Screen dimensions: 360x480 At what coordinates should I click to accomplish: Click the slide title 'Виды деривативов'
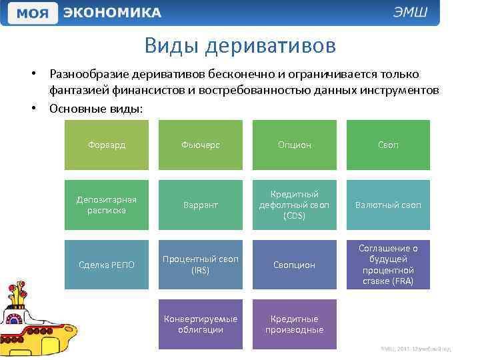click(x=240, y=46)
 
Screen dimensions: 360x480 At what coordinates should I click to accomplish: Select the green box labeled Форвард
click(x=107, y=145)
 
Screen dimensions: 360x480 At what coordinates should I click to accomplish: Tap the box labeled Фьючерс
click(x=201, y=145)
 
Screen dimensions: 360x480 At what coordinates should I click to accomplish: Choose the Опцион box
click(x=294, y=145)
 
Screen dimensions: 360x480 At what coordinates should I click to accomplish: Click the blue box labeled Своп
click(x=388, y=145)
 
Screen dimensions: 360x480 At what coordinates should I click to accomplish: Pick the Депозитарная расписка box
click(x=107, y=205)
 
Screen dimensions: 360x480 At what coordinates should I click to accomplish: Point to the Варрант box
click(x=201, y=205)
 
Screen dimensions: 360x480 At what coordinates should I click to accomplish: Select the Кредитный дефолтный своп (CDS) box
click(x=294, y=205)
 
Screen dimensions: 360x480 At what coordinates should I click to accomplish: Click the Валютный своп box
click(x=388, y=205)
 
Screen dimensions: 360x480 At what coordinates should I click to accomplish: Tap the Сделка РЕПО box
click(x=107, y=265)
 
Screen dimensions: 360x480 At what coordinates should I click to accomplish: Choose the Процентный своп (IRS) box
click(x=201, y=265)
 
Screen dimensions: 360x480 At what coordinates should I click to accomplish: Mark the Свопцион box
click(x=294, y=265)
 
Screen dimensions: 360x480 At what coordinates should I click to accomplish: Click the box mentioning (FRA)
click(x=388, y=265)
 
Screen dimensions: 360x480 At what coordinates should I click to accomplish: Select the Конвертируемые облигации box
click(x=201, y=325)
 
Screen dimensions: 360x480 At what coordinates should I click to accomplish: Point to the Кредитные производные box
click(x=294, y=325)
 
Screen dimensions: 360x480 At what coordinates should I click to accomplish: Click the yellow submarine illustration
click(x=37, y=320)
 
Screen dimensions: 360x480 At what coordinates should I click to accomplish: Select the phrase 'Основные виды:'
click(x=95, y=108)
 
